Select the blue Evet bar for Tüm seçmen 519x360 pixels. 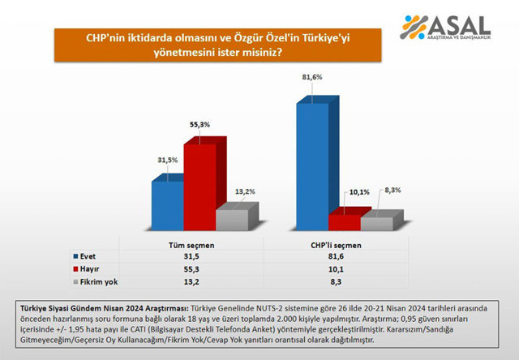[167, 207]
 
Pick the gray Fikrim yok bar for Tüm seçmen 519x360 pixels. [232, 220]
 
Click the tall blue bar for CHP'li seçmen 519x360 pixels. [312, 166]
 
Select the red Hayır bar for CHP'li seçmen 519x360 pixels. [344, 222]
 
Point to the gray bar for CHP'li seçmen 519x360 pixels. [376, 223]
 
